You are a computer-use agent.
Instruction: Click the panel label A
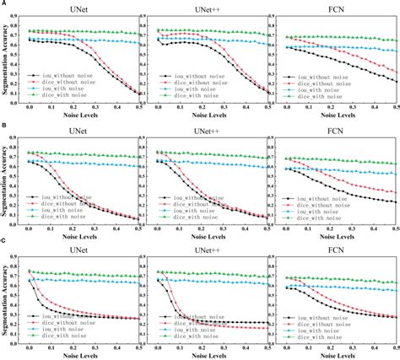click(x=4, y=4)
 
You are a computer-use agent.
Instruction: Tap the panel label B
click(x=4, y=124)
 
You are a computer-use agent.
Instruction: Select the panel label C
click(x=4, y=244)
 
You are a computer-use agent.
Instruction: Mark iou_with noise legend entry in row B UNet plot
click(x=59, y=209)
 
